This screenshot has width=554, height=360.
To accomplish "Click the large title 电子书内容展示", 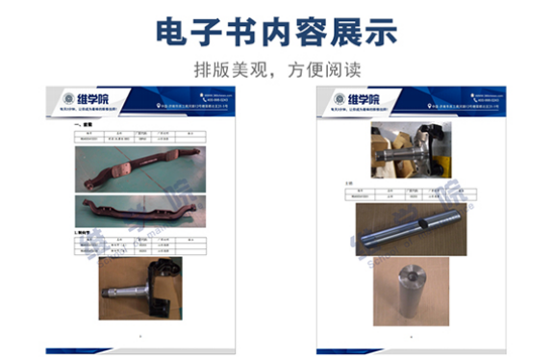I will click(277, 31).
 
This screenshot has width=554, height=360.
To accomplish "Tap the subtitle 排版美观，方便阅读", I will click(276, 69).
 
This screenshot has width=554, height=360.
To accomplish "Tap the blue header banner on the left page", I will click(192, 101).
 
